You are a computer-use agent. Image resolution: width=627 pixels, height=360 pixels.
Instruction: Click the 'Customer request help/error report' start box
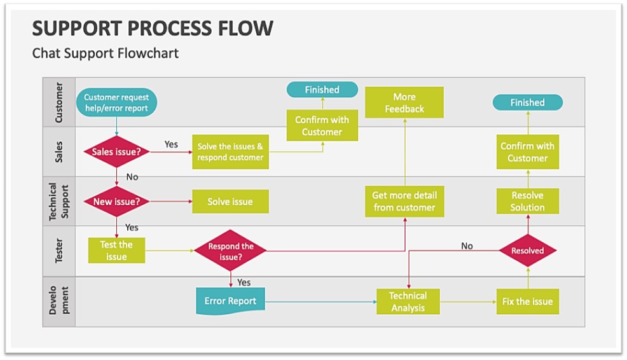(116, 103)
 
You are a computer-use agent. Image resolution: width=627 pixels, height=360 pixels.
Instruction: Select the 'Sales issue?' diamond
(116, 152)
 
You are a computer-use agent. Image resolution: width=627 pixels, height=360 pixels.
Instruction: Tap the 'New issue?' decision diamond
(116, 202)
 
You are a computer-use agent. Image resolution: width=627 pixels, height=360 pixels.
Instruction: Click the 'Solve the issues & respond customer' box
(230, 152)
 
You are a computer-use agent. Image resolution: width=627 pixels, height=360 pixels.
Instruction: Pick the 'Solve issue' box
(230, 202)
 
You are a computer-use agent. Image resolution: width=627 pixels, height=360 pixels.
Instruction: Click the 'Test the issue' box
(116, 251)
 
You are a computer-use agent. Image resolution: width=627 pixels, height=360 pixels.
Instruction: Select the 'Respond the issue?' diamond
(230, 251)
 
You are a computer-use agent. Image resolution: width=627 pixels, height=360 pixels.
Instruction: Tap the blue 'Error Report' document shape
(230, 301)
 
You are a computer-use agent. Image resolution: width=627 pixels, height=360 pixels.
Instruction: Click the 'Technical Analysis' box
(408, 301)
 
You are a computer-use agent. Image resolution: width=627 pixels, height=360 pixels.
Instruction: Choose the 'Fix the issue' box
(527, 301)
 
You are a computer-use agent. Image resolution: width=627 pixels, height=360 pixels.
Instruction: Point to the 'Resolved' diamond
(527, 251)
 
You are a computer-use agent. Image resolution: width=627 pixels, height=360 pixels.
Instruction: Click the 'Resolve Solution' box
(527, 201)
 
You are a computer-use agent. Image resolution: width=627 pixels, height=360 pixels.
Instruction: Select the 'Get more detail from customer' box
(404, 201)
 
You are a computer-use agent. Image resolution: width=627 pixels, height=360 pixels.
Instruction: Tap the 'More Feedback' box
(404, 103)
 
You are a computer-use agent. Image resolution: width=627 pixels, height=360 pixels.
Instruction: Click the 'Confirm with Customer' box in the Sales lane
(527, 152)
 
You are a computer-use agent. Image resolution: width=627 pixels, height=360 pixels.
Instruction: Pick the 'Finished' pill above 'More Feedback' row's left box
(322, 90)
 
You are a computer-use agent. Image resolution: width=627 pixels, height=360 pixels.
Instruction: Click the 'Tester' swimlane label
(59, 251)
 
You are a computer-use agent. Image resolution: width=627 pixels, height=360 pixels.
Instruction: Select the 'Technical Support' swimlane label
(59, 202)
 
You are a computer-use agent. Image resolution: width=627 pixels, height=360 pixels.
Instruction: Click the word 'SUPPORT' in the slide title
(72, 28)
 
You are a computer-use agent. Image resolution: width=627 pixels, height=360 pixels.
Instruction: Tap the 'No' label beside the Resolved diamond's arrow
(467, 246)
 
